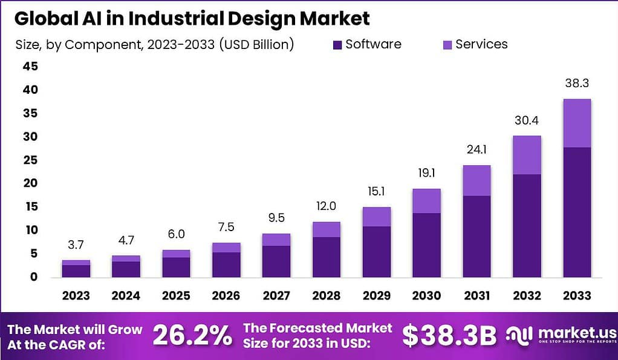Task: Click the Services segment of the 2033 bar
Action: (577, 123)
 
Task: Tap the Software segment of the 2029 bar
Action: (377, 251)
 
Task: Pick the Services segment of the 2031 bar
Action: (477, 180)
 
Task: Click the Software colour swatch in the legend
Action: (337, 44)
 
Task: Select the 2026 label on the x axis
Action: (226, 296)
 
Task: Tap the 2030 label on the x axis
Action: (426, 296)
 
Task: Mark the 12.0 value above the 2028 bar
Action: (327, 206)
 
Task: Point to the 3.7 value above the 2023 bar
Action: (76, 245)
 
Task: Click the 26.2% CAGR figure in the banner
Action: (192, 336)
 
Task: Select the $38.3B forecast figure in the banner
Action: (449, 336)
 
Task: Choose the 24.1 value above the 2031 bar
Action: (477, 149)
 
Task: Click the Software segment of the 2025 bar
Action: (176, 267)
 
